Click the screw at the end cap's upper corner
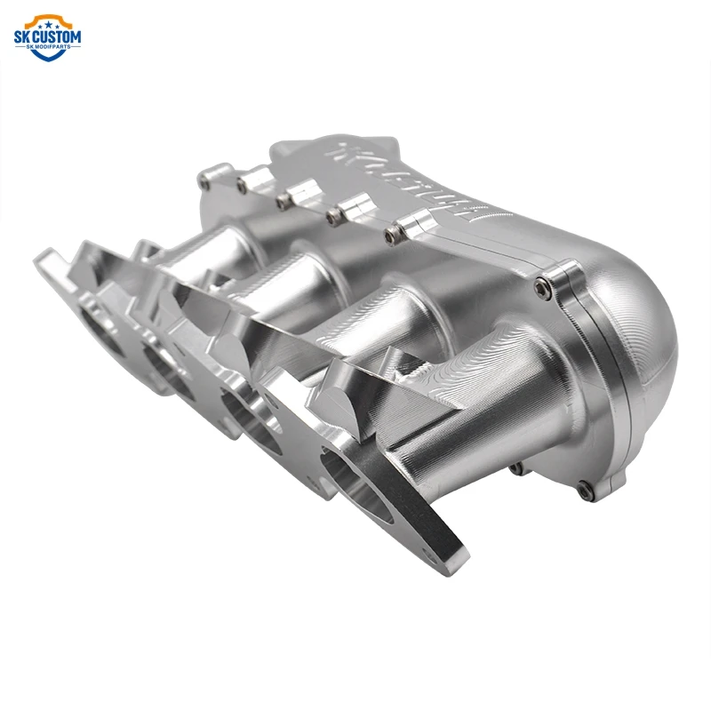tap(542, 286)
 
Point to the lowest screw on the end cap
tap(583, 488)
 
